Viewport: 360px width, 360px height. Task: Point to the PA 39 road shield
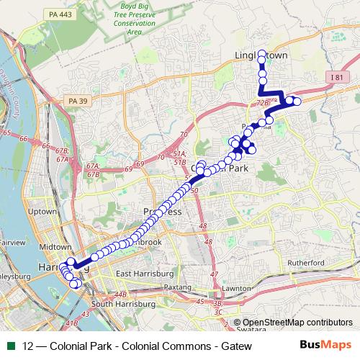coord(76,101)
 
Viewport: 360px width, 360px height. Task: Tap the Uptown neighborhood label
coord(41,212)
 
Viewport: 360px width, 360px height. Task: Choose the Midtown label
coord(55,246)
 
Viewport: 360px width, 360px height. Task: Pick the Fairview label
coord(12,243)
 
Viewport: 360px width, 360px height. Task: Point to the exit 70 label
coord(184,135)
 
